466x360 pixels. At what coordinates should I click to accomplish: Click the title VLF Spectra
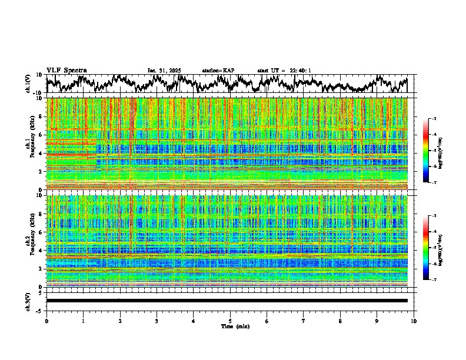pyautogui.click(x=66, y=70)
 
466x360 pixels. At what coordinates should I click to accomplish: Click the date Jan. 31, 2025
pyautogui.click(x=164, y=71)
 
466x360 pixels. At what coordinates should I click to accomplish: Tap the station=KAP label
pyautogui.click(x=218, y=71)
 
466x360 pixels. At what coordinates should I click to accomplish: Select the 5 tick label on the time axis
pyautogui.click(x=230, y=321)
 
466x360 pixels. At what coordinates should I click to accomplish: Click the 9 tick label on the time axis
pyautogui.click(x=377, y=321)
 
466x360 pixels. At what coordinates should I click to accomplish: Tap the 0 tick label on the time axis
pyautogui.click(x=46, y=321)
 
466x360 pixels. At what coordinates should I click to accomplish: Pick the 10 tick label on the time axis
pyautogui.click(x=414, y=321)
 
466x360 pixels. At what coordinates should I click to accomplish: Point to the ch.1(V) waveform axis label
pyautogui.click(x=28, y=84)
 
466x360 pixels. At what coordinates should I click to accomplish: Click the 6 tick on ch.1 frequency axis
pyautogui.click(x=42, y=135)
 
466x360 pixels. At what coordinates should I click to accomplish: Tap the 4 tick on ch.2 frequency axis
pyautogui.click(x=42, y=250)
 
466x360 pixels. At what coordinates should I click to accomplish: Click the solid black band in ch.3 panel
pyautogui.click(x=227, y=301)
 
